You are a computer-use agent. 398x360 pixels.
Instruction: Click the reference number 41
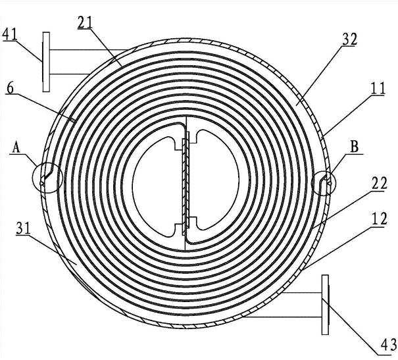pos(10,34)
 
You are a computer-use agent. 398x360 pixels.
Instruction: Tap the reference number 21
pos(86,22)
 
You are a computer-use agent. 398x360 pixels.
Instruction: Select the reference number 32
pos(350,39)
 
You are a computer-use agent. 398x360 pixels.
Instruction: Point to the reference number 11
pos(378,88)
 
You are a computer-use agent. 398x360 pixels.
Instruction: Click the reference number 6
pos(11,88)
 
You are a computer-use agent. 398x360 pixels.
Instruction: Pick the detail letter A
pos(16,147)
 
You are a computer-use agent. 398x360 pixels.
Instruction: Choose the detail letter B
pos(355,147)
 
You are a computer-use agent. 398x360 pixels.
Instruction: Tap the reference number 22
pos(379,184)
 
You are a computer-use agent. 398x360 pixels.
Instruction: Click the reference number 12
pos(379,219)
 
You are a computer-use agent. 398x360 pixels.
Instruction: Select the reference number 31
pos(23,228)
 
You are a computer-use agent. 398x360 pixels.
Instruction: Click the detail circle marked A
pos(47,178)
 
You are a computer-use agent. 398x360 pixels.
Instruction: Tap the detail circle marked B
pos(324,183)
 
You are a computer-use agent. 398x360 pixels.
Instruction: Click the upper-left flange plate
pos(46,62)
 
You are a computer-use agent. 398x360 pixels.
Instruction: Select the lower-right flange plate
pos(325,305)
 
